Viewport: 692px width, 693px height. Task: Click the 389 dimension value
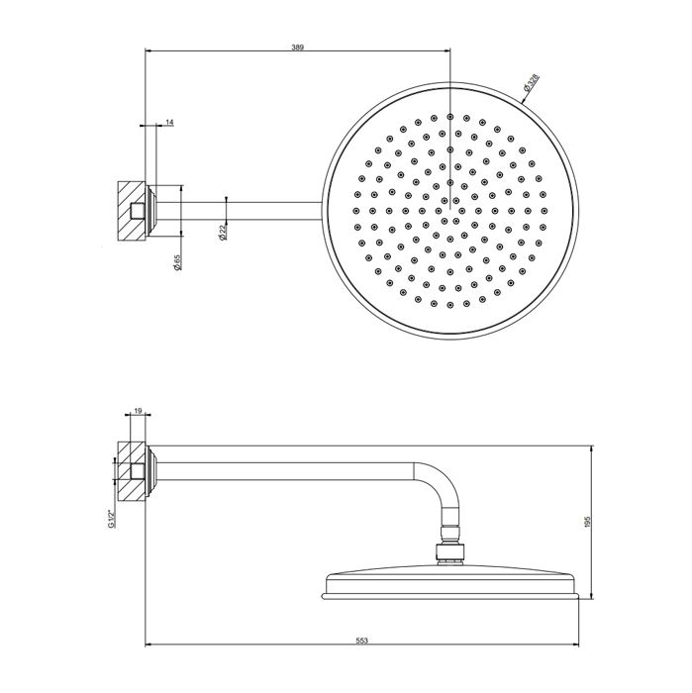[x=298, y=46]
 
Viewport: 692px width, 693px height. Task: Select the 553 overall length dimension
[x=361, y=641]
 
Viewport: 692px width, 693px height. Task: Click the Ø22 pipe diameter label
[x=223, y=231]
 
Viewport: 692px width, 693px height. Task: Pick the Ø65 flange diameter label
[x=176, y=264]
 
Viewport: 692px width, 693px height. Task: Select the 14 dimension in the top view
[x=169, y=122]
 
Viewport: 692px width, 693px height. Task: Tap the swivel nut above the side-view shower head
[x=450, y=550]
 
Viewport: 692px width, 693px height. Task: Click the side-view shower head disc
[x=450, y=583]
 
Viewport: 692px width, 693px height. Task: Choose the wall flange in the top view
[x=151, y=208]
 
